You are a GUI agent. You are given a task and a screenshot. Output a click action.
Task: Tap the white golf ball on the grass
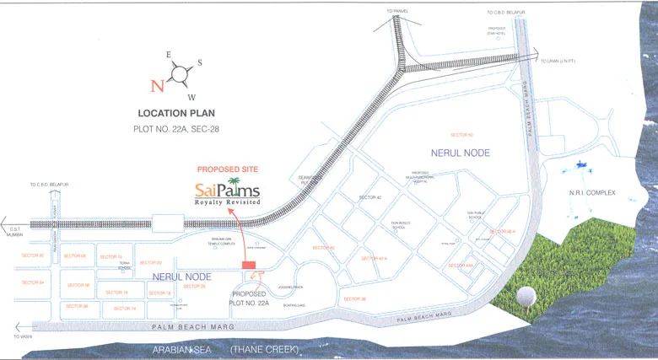pos(526,296)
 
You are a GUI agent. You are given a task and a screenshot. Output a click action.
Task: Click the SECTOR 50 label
pos(461,135)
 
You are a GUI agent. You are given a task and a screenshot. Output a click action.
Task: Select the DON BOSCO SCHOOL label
pos(400,225)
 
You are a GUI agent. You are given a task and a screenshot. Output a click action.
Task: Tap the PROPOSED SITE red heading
pos(228,169)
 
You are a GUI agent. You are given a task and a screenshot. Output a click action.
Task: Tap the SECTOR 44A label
pos(461,266)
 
